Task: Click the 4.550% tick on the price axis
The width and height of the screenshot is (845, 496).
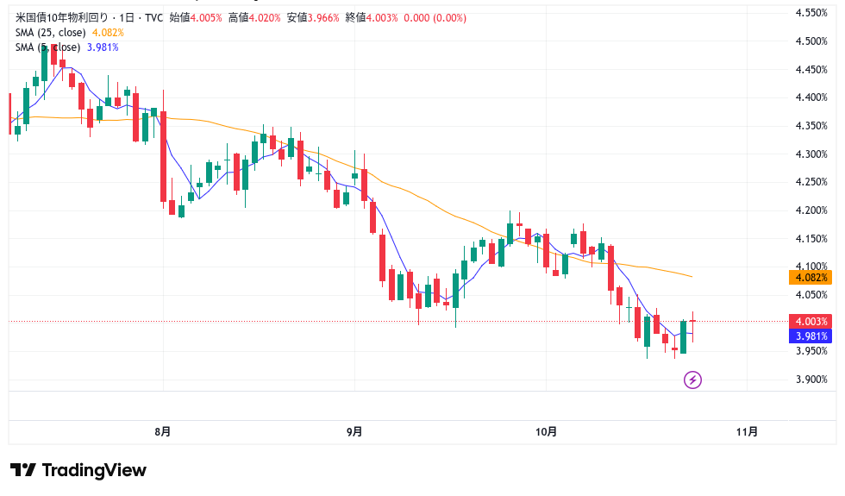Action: pos(811,13)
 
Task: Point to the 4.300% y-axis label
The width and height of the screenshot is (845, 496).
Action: pos(811,154)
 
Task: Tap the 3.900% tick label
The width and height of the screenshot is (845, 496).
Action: pos(811,380)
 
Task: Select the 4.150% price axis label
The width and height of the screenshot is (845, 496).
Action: pos(811,238)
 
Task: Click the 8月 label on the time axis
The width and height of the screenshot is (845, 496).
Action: pos(162,431)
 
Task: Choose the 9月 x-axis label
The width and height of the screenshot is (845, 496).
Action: pos(354,431)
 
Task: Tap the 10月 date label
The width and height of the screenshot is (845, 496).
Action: pos(546,431)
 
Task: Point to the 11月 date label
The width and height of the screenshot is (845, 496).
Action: pos(748,431)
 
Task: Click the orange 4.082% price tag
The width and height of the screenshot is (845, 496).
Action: pos(811,278)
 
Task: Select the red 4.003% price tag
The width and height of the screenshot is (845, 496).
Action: pos(811,321)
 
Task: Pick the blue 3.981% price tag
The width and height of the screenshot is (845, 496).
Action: pos(811,336)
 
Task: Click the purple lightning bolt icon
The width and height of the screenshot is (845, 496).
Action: pos(692,380)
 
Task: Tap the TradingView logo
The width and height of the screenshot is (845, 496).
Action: pos(78,470)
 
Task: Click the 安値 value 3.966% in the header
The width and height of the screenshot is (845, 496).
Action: pos(326,17)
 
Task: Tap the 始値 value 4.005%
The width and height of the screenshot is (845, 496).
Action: pos(207,17)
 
